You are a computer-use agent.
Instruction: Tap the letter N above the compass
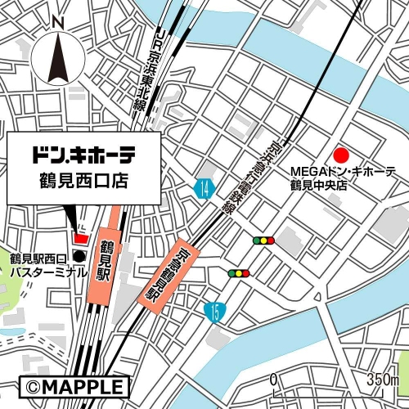[56, 22]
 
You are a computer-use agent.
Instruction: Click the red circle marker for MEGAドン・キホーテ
[342, 155]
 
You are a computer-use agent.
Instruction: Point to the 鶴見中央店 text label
[319, 185]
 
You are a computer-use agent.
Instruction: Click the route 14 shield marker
[204, 189]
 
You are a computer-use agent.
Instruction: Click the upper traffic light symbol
[263, 240]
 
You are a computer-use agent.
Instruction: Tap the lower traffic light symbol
[238, 273]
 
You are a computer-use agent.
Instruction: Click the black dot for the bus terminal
[79, 257]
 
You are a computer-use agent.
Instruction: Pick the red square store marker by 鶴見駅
[80, 238]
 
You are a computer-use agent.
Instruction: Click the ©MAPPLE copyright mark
[74, 386]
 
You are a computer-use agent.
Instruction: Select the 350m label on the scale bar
[382, 380]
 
